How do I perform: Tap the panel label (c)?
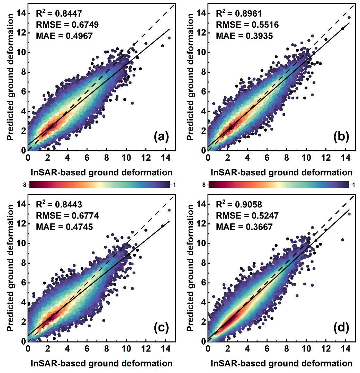[161, 328]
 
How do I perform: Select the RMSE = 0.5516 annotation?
[247, 25]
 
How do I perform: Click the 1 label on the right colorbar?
[352, 185]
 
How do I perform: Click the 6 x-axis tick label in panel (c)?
[87, 349]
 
